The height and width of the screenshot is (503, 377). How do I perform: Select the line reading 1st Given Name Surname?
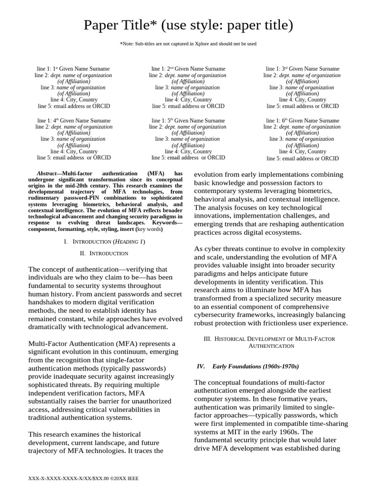coord(74,69)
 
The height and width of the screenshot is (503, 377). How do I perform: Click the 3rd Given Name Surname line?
coord(302,69)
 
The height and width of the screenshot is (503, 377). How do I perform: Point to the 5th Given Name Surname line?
coord(188,120)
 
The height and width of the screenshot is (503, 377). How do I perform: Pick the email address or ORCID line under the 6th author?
coord(302,158)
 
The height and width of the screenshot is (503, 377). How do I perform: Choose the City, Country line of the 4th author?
coord(74,152)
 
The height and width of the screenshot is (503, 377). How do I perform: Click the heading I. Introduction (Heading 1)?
coord(105,242)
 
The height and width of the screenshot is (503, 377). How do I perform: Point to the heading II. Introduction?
coord(104,253)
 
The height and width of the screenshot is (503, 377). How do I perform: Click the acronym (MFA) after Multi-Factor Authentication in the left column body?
coord(130,343)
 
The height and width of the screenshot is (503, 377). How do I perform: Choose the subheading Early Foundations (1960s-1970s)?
coord(255,366)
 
